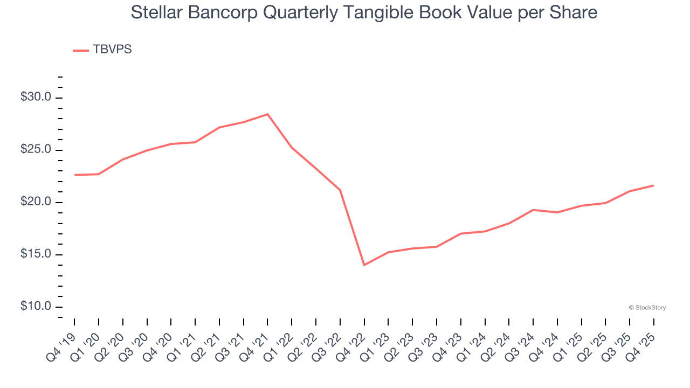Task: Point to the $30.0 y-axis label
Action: tap(36, 98)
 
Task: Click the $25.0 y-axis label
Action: tap(36, 150)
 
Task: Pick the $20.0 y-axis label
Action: tap(36, 202)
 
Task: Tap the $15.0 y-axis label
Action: tap(36, 254)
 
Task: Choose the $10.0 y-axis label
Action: tap(36, 307)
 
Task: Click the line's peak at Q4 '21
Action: tap(267, 114)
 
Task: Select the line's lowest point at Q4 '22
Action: tap(364, 265)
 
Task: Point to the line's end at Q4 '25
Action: tap(654, 185)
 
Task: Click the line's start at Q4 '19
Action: tap(74, 175)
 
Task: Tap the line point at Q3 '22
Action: tap(340, 190)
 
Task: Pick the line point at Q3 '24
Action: tap(533, 210)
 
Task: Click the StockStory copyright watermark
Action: tap(647, 308)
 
